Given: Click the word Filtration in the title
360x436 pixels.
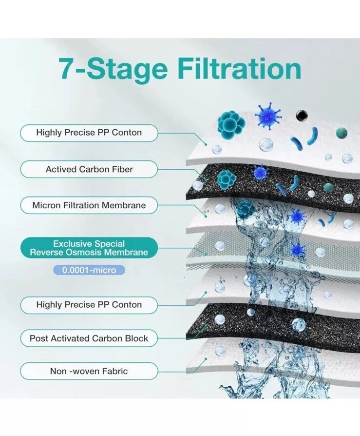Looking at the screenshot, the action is pyautogui.click(x=242, y=68).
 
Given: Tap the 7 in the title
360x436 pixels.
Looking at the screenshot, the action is pyautogui.click(x=67, y=68).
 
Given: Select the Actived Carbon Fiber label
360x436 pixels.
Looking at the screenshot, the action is pyautogui.click(x=89, y=169).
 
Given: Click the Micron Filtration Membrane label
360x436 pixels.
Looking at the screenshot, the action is pyautogui.click(x=89, y=205).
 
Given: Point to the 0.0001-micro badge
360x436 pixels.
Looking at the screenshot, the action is pyautogui.click(x=89, y=270).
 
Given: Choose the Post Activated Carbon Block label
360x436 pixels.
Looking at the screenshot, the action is pyautogui.click(x=89, y=338).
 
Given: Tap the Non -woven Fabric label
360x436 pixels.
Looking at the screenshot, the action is pyautogui.click(x=89, y=371).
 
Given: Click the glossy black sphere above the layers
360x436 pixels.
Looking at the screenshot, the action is pyautogui.click(x=302, y=115).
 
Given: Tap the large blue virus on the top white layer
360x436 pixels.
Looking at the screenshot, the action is pyautogui.click(x=267, y=116).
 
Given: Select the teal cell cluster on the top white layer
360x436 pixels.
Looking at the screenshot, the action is pyautogui.click(x=231, y=122).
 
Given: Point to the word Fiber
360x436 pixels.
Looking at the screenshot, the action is pyautogui.click(x=122, y=169).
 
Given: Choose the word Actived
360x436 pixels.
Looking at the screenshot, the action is pyautogui.click(x=61, y=169).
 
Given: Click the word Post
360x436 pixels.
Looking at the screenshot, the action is pyautogui.click(x=39, y=338).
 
